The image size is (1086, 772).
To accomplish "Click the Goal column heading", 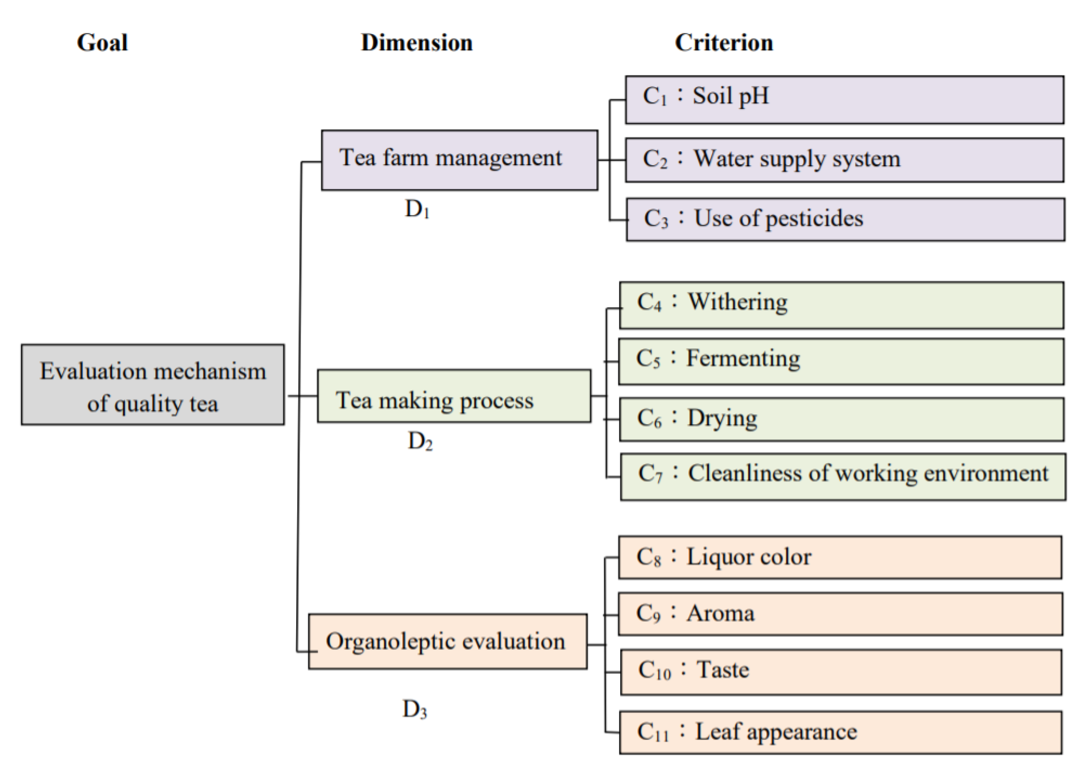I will [x=102, y=43].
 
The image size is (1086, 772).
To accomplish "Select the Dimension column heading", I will [x=417, y=43].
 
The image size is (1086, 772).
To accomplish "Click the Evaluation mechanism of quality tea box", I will [x=153, y=385].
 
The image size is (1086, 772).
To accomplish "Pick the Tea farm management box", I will [x=459, y=160].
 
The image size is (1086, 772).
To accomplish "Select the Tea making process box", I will [x=454, y=396].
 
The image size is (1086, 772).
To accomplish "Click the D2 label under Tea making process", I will [x=420, y=441].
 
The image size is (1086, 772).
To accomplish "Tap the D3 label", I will [x=415, y=709].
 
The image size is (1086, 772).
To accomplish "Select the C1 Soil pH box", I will [x=844, y=100].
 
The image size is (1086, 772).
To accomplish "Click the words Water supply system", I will [x=797, y=159].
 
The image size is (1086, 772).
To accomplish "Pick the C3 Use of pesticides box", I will [x=845, y=220].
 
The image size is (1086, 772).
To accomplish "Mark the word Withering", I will [x=738, y=302].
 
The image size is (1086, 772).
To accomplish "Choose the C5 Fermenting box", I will [x=841, y=361].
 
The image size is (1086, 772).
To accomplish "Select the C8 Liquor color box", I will [x=840, y=557].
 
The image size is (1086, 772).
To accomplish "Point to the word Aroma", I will [x=720, y=613].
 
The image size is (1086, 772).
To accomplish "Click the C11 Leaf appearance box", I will [x=840, y=732].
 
